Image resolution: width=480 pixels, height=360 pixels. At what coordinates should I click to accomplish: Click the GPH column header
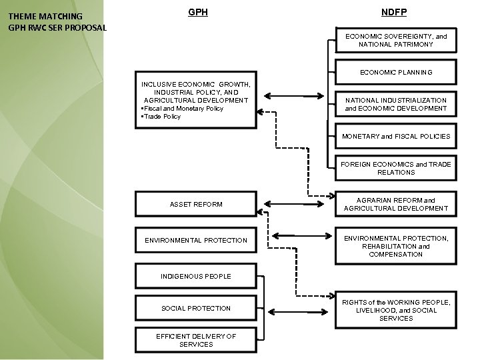197,13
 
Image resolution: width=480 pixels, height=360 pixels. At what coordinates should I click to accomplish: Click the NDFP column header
394,13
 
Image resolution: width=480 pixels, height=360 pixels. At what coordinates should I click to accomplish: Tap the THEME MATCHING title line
45,16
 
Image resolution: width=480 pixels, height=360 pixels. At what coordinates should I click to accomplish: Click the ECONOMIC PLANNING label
395,72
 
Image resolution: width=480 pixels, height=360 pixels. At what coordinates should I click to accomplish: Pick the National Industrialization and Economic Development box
395,104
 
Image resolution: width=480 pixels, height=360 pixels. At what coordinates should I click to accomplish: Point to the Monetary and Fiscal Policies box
395,136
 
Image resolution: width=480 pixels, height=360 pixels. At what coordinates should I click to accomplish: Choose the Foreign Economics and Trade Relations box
395,168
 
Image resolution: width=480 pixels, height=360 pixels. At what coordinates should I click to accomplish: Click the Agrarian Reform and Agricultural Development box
395,204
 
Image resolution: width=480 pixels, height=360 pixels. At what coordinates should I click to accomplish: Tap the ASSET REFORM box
196,204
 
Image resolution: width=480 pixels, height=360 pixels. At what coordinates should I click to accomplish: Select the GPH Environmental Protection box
196,240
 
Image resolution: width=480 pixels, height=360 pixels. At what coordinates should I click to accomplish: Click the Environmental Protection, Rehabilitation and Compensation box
395,246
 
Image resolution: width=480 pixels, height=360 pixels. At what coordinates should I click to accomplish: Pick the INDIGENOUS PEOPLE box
196,276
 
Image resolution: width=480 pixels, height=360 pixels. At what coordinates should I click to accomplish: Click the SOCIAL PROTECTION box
196,308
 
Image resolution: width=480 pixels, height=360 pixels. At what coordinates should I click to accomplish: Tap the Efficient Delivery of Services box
196,340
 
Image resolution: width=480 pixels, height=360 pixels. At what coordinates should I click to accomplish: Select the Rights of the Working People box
395,310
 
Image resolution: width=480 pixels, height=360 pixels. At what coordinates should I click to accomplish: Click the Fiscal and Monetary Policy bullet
183,109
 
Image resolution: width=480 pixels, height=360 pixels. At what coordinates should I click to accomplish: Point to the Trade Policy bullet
161,117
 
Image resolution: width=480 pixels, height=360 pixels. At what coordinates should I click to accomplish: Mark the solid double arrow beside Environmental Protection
297,235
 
